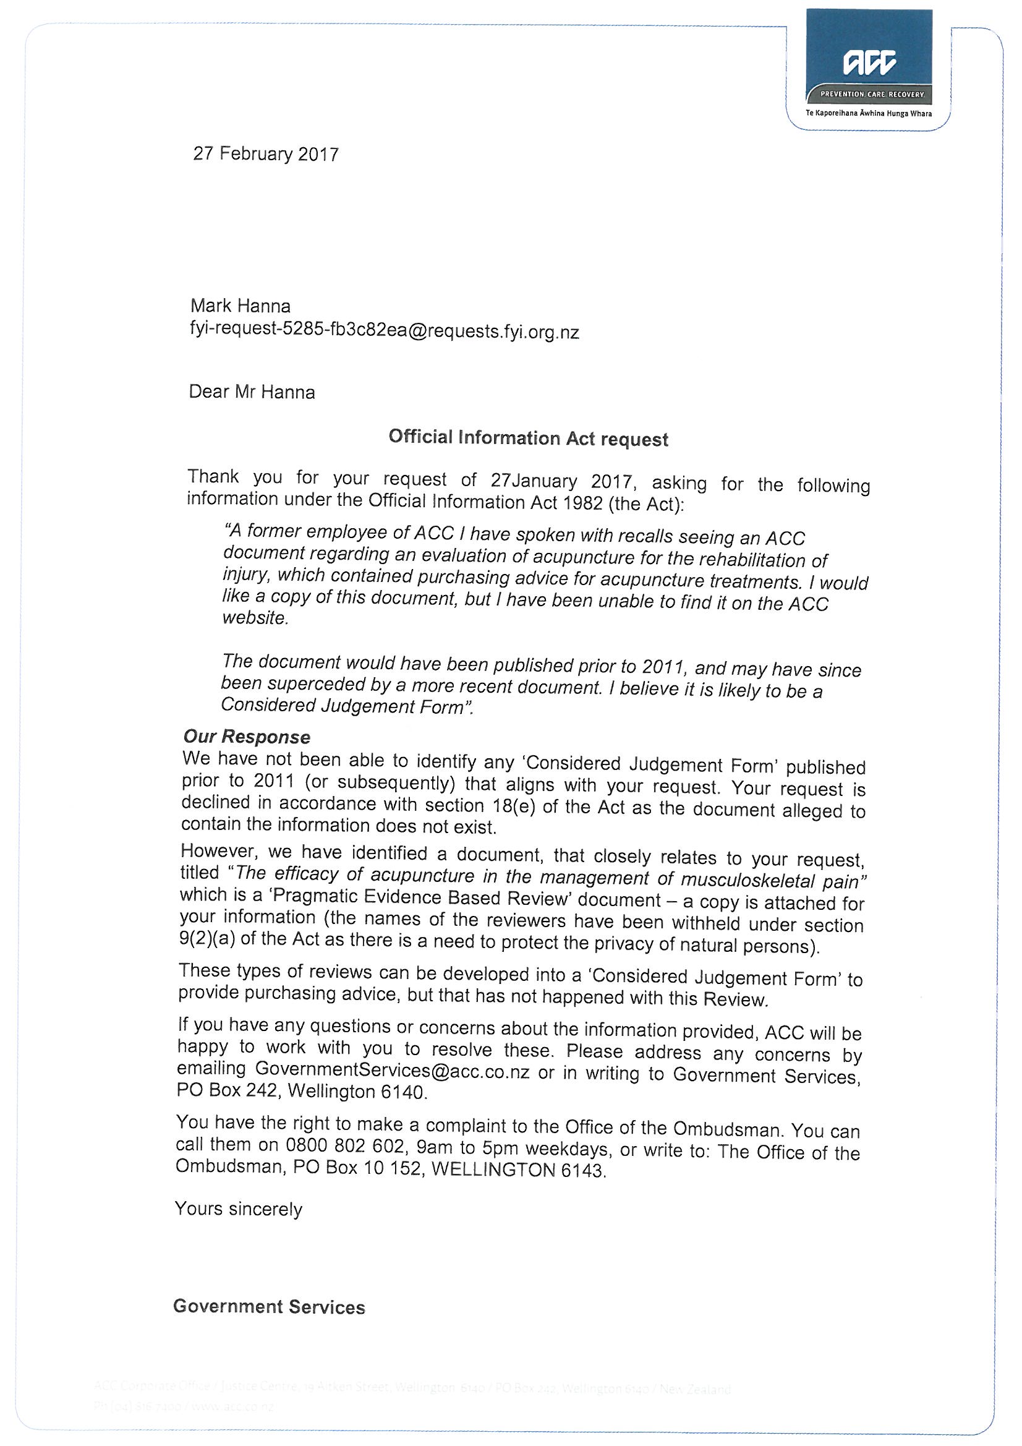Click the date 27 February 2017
266,153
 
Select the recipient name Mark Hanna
240,306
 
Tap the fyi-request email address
384,331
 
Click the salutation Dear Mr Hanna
252,392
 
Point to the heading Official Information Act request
527,438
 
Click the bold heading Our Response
247,736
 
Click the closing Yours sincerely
239,1209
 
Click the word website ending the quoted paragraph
254,618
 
